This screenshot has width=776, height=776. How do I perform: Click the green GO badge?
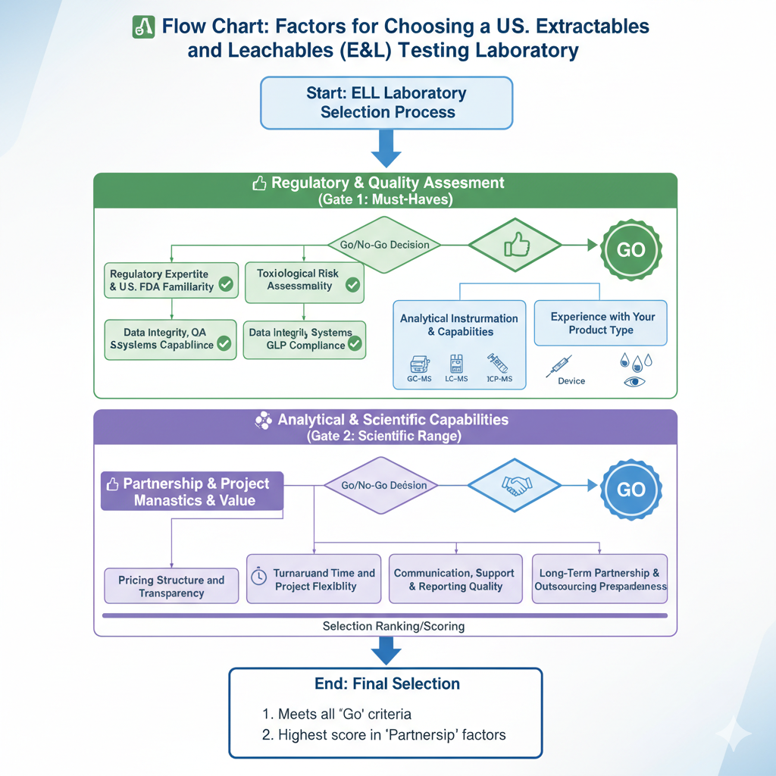630,251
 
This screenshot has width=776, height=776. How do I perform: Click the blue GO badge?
630,489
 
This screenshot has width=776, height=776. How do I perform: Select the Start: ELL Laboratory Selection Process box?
386,102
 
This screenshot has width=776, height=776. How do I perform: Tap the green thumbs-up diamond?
515,245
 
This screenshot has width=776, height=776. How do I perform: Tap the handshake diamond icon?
515,485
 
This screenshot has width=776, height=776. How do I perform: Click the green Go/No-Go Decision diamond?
383,245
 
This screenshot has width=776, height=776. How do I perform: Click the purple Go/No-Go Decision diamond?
383,485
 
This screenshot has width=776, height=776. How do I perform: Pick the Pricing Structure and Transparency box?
171,586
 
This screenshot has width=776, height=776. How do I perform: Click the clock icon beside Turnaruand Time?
258,577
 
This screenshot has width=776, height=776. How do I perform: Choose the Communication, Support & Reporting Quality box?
454,580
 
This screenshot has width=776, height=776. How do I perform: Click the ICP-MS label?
496,379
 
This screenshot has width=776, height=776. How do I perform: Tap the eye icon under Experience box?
632,382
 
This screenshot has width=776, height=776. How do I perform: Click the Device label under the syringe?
571,381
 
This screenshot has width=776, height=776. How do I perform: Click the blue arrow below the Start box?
386,149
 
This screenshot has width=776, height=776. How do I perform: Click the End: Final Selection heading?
386,684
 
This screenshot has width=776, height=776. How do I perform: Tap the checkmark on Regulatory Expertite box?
225,285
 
